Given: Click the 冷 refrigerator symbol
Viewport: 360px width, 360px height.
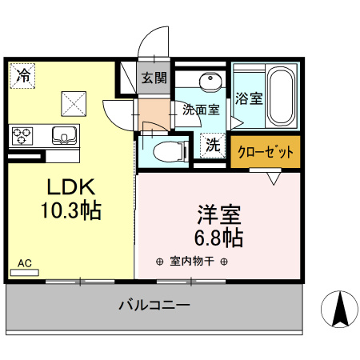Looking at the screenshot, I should click(x=23, y=76).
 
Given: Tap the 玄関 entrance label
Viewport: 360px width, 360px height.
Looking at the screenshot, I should click(x=154, y=78).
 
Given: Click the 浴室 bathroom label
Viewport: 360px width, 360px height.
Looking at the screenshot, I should click(x=249, y=99).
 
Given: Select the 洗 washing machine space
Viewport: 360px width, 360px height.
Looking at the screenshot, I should click(x=213, y=146).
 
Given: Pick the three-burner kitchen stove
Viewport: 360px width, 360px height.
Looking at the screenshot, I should click(x=22, y=135).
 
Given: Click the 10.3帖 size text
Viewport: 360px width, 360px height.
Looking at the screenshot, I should click(x=70, y=211).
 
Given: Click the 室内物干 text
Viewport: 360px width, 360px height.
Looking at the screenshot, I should click(x=192, y=262).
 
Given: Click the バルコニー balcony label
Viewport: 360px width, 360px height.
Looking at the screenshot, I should click(x=154, y=306).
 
